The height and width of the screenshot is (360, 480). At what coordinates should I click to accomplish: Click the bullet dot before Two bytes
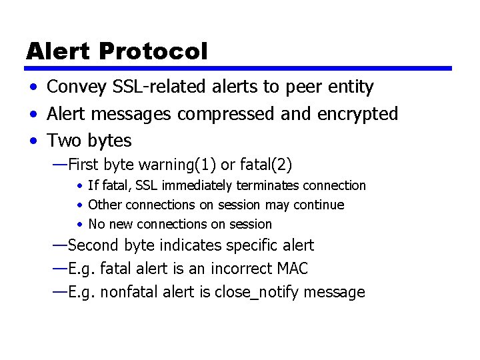(x=32, y=141)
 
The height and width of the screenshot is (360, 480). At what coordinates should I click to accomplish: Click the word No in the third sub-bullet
(x=96, y=224)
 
